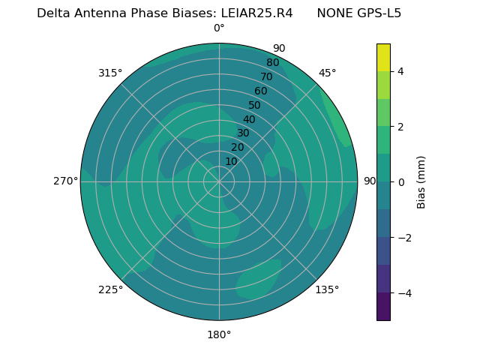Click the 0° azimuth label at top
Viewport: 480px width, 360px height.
[x=219, y=28]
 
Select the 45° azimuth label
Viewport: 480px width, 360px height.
[x=327, y=73]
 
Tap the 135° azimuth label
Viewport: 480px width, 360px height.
[x=327, y=289]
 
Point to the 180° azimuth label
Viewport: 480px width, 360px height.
[x=219, y=334]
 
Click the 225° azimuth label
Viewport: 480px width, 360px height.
[x=110, y=289]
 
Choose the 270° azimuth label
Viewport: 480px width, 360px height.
[x=65, y=181]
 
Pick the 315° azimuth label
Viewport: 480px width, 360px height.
[x=110, y=73]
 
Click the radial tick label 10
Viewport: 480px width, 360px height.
[x=231, y=161]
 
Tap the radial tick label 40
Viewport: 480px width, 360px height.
[x=249, y=119]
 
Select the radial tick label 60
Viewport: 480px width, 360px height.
[x=260, y=91]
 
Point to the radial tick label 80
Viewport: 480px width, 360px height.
[x=272, y=63]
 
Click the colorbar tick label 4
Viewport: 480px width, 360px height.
[x=400, y=71]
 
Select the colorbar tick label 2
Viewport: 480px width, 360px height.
[x=400, y=127]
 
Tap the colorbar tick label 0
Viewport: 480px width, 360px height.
[x=400, y=181]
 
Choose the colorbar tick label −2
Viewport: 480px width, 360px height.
[x=403, y=237]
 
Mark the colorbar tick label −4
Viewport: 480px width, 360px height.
[x=403, y=292]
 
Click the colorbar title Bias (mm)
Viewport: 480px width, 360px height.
[x=421, y=181]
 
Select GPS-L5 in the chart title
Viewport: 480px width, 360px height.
[x=380, y=13]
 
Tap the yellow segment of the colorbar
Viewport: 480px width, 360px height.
[x=383, y=58]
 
